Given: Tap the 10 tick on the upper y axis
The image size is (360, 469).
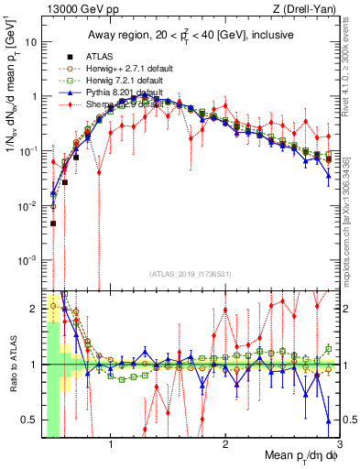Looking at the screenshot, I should pyautogui.click(x=32, y=42).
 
